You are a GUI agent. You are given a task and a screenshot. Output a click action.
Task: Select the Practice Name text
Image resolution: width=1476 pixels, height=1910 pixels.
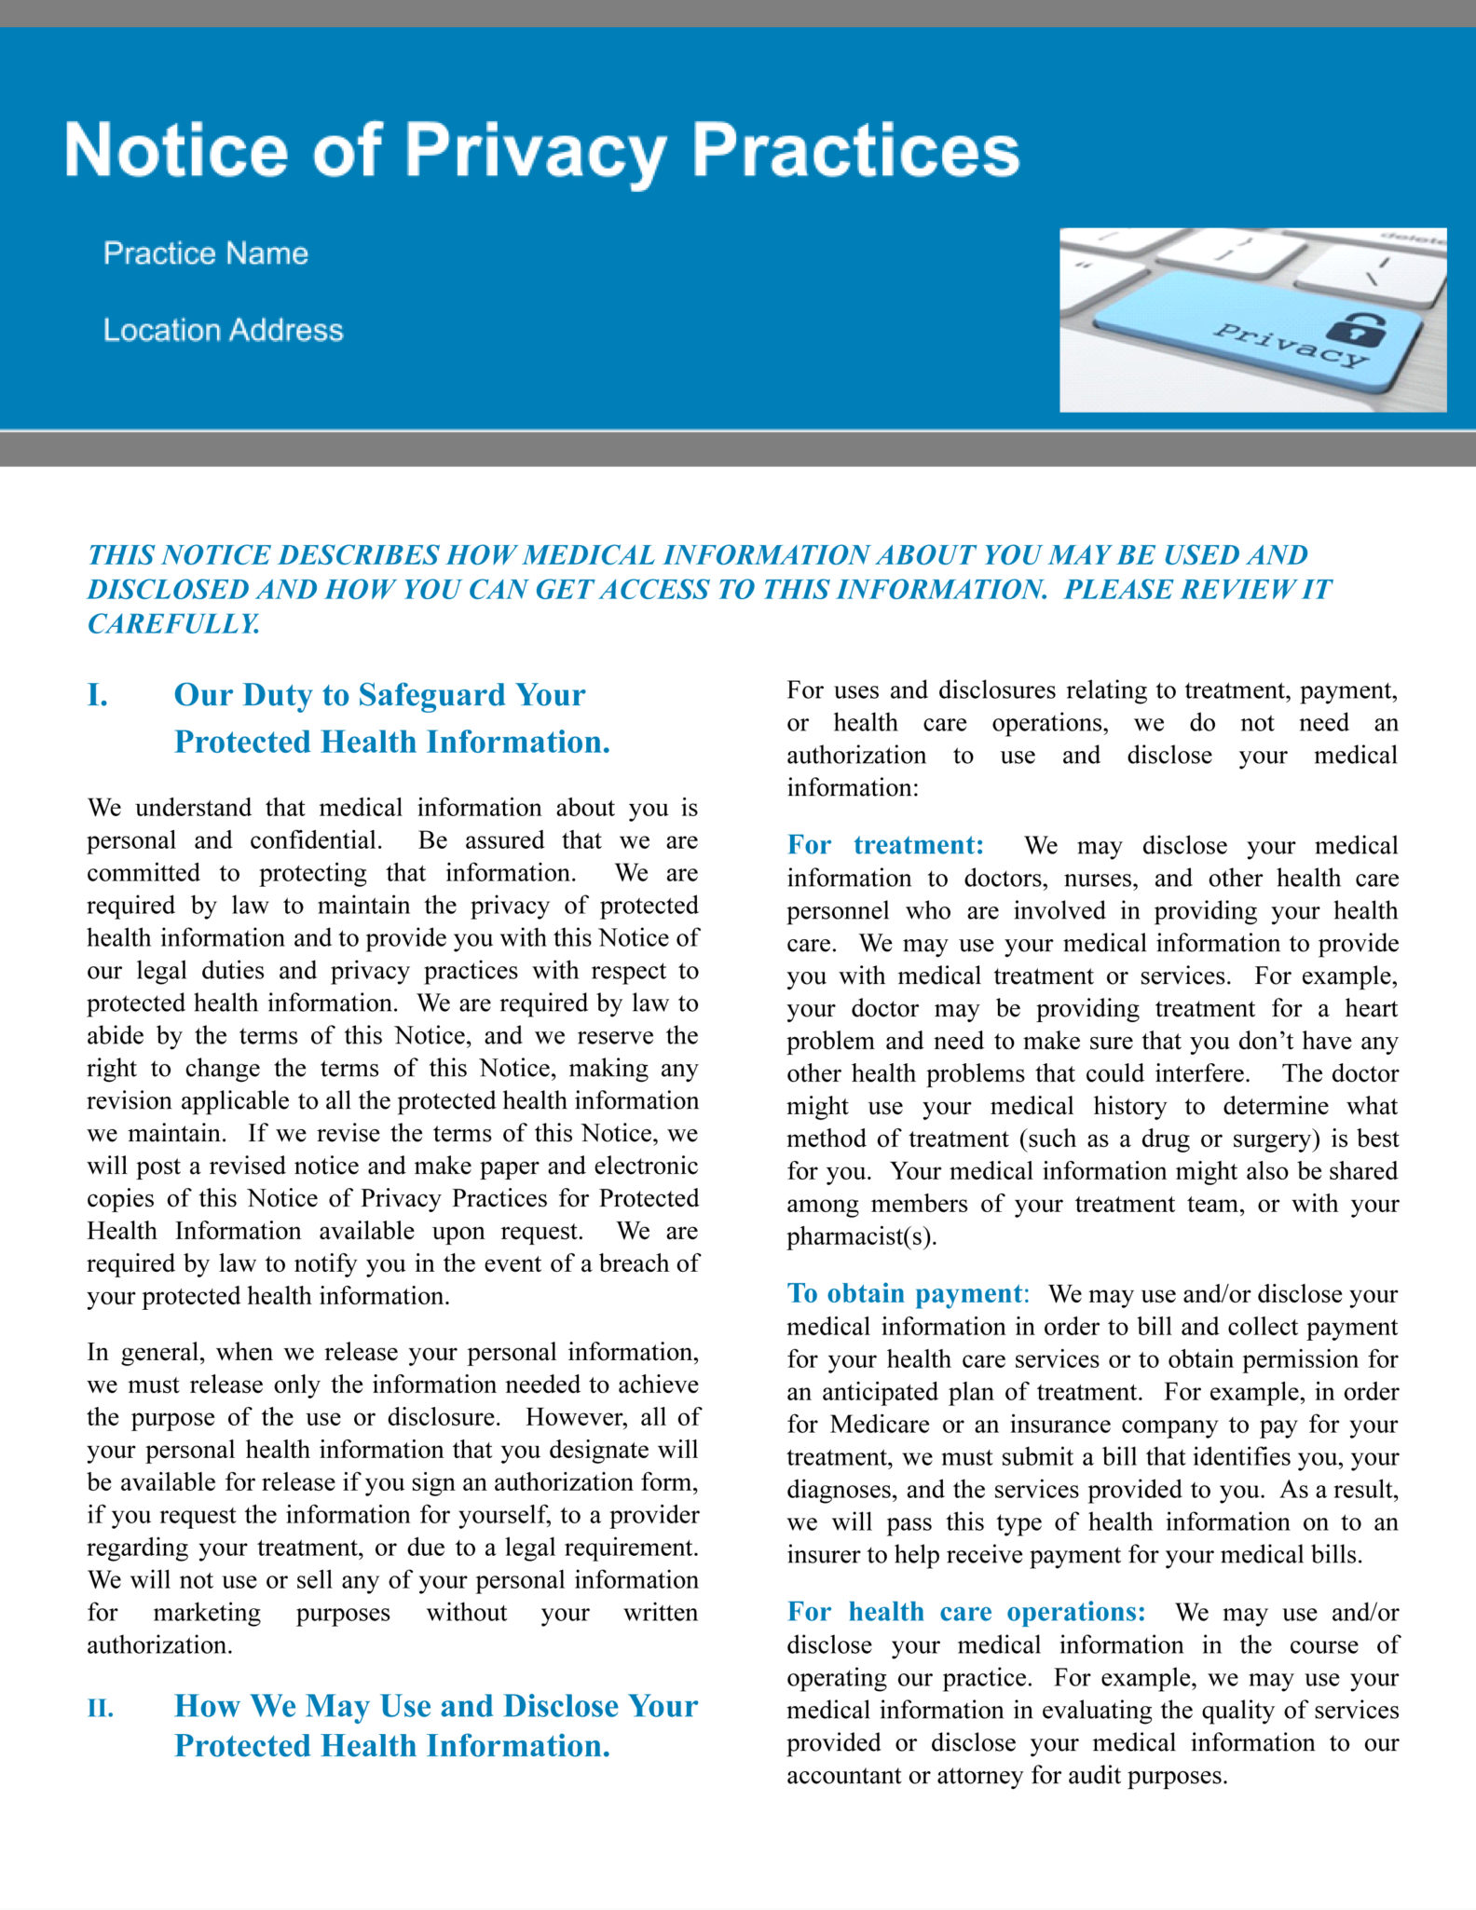[205, 253]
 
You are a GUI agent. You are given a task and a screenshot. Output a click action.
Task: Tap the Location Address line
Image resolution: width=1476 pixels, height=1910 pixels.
[223, 330]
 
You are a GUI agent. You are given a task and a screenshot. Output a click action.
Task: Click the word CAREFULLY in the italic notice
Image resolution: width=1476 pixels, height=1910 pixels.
[173, 623]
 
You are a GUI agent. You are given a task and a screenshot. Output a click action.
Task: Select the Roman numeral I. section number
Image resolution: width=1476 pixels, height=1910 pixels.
[97, 695]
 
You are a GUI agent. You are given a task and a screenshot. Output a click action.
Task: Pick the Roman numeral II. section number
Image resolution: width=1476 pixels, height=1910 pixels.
[101, 1709]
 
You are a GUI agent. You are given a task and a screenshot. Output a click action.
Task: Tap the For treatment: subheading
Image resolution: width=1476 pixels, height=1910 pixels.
[885, 845]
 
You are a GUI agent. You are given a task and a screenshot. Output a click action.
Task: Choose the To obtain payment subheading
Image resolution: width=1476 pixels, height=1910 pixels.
[904, 1293]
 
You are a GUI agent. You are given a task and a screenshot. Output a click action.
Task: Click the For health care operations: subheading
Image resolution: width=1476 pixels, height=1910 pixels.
[965, 1612]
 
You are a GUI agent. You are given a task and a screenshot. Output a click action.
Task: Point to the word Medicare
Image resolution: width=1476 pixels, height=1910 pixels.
[880, 1425]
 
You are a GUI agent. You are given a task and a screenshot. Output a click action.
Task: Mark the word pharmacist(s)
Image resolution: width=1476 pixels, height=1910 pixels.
[861, 1236]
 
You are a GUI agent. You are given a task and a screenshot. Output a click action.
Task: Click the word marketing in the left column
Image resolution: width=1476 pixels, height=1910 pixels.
[207, 1613]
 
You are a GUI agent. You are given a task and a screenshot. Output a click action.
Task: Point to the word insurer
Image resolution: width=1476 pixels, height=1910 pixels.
[819, 1555]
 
